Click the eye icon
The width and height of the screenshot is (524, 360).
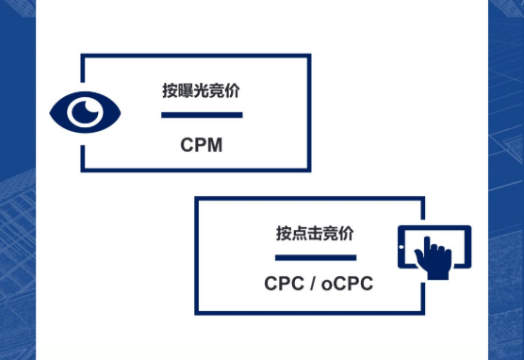click(86, 113)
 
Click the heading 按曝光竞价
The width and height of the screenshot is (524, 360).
click(201, 91)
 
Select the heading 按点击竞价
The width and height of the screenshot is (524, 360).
click(315, 233)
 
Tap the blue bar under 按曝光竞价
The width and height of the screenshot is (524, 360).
click(202, 116)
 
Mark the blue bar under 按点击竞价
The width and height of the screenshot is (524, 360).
click(315, 257)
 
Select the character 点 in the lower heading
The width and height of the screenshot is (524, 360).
click(299, 233)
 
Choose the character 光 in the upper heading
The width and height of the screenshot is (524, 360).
click(201, 91)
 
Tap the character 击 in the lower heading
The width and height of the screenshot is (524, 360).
click(315, 233)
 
